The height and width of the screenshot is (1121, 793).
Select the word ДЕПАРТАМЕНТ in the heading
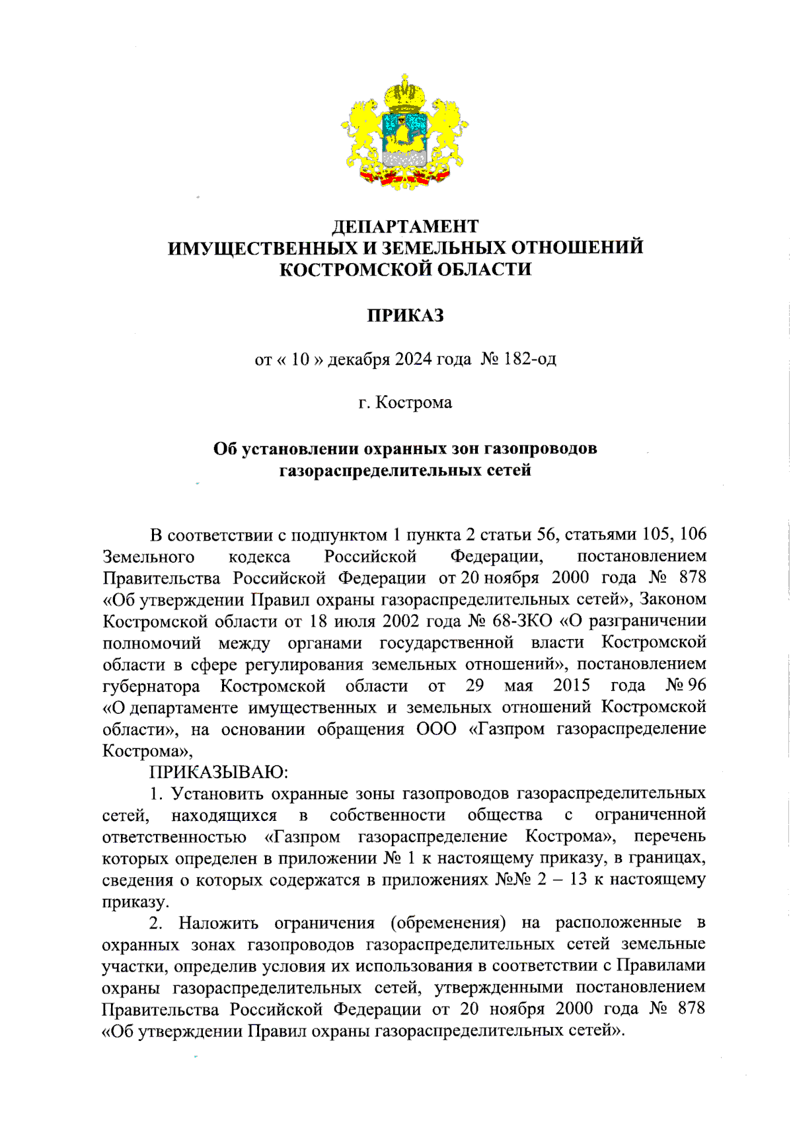pyautogui.click(x=404, y=226)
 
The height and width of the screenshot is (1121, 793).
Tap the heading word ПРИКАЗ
pyautogui.click(x=405, y=315)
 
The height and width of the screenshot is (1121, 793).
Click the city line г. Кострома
pyautogui.click(x=405, y=403)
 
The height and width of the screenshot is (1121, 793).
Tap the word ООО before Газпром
pyautogui.click(x=436, y=728)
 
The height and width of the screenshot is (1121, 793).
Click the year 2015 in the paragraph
pyautogui.click(x=571, y=685)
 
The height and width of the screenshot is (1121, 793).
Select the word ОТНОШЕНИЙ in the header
pyautogui.click(x=578, y=247)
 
